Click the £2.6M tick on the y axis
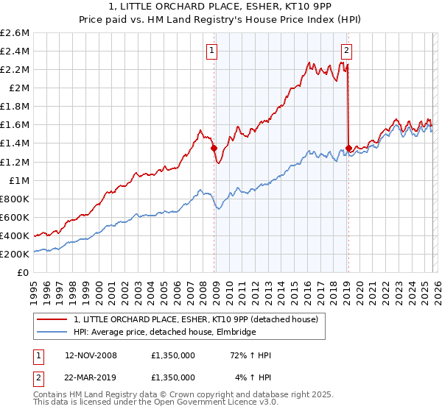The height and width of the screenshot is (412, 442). pyautogui.click(x=15, y=33)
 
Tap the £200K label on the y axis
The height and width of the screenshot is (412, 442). pyautogui.click(x=15, y=254)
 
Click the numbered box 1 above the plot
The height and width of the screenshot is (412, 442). pyautogui.click(x=212, y=51)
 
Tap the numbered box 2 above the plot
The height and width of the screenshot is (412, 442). pyautogui.click(x=346, y=51)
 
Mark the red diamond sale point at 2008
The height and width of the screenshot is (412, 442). pyautogui.click(x=214, y=148)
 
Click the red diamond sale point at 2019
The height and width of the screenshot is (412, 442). pyautogui.click(x=348, y=148)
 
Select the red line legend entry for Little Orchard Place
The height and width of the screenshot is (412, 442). pyautogui.click(x=195, y=319)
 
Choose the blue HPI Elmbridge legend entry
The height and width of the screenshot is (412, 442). pyautogui.click(x=164, y=332)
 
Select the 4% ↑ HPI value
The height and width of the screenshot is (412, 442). pyautogui.click(x=252, y=377)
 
